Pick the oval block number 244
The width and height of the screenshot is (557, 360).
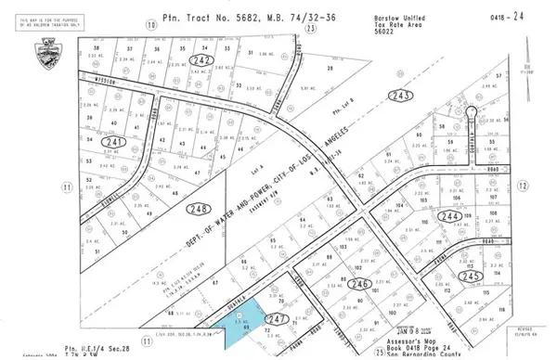click(450, 215)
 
